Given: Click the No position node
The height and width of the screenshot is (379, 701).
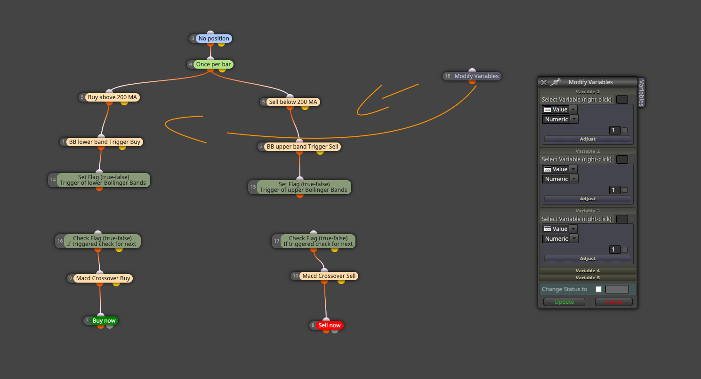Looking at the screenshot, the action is (x=210, y=39).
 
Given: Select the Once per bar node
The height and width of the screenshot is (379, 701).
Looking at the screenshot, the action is (x=210, y=64).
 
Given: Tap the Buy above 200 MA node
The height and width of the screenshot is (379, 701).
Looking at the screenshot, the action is (x=109, y=97).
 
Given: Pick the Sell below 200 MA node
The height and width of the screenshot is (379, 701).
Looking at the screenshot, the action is (x=290, y=102).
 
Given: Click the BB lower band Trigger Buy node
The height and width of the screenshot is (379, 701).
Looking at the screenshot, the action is (x=101, y=142).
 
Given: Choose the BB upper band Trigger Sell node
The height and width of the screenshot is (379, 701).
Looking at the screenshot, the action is (x=299, y=147).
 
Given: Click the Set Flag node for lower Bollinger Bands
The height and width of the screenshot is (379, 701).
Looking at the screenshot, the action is (x=99, y=180).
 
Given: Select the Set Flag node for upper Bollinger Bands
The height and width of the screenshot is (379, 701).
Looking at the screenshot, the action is (x=300, y=187).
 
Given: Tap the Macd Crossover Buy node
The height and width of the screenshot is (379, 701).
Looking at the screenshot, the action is (x=100, y=278).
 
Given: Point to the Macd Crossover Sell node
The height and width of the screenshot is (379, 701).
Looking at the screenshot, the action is (x=324, y=276).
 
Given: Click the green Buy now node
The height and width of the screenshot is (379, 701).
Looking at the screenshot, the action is (x=101, y=321).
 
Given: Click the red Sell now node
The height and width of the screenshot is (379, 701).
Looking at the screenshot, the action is (x=326, y=325).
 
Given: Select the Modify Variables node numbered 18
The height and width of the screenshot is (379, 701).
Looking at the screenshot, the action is (x=472, y=76).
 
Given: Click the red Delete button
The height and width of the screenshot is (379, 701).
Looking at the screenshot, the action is (x=614, y=302).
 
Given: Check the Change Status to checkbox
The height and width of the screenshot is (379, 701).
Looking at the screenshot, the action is (x=599, y=289).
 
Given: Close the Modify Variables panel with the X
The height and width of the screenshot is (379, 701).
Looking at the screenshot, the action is (x=544, y=82).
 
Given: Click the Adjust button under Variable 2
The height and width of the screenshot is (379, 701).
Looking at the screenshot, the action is (x=588, y=199).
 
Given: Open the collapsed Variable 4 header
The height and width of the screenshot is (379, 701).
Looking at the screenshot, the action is (x=588, y=270).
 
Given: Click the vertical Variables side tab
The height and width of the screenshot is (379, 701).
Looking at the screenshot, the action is (x=641, y=93).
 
